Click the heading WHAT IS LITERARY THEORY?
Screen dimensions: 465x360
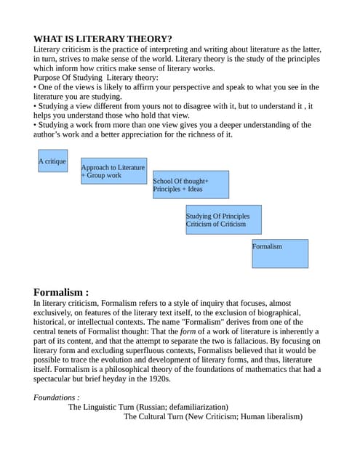[x=103, y=39]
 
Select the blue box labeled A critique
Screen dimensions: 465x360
[x=52, y=161]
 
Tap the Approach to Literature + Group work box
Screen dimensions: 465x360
[x=113, y=171]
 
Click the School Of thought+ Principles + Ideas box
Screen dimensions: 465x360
[x=191, y=185]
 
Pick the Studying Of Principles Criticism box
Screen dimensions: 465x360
[x=223, y=219]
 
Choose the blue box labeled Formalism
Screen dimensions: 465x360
[x=280, y=254]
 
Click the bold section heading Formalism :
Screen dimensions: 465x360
[x=61, y=292]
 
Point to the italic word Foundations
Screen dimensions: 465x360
[x=55, y=397]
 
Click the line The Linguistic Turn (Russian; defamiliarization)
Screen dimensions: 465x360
[x=148, y=407]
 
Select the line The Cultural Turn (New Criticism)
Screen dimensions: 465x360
[x=212, y=416]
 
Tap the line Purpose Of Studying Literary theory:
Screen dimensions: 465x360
[x=95, y=78]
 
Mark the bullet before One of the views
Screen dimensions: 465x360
[x=36, y=87]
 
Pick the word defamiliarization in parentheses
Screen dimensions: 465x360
[x=195, y=407]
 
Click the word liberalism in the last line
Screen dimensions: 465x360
[x=279, y=416]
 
